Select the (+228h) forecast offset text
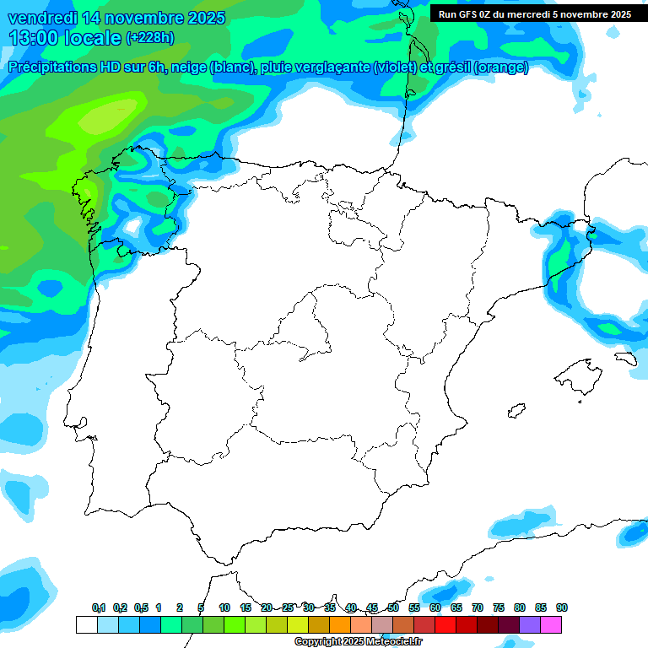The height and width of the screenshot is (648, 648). [x=149, y=37]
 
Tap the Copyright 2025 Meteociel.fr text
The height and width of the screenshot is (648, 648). [x=358, y=642]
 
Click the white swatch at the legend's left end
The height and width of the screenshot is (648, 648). [x=86, y=625]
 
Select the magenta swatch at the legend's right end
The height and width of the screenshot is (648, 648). [x=551, y=625]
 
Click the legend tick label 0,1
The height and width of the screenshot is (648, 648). [x=99, y=608]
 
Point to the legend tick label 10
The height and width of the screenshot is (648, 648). [x=224, y=608]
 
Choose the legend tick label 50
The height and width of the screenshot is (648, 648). [x=393, y=608]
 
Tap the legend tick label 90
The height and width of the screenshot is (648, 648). [x=562, y=608]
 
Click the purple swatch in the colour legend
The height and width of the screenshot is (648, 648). [x=530, y=625]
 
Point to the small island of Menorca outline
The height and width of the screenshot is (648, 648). [x=625, y=359]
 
